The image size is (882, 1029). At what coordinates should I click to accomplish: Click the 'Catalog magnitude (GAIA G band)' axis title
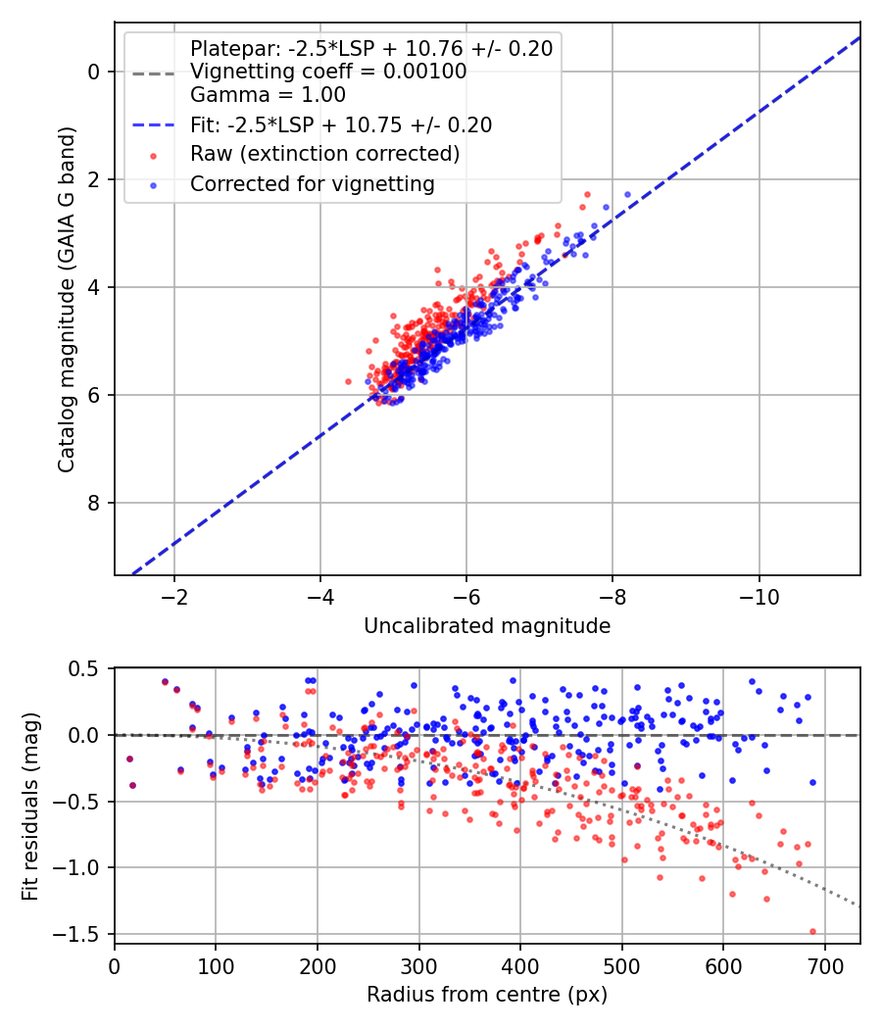point(67,300)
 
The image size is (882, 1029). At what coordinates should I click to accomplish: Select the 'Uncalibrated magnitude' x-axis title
point(487,626)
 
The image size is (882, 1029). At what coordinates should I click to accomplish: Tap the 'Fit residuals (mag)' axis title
point(30,806)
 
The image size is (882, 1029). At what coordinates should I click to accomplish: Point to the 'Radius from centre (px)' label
point(487,995)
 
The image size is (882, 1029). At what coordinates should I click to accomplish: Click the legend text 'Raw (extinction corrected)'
point(324,154)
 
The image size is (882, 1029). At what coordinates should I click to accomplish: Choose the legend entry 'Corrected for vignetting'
point(313,184)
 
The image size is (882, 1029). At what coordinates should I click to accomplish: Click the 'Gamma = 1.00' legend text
point(268,94)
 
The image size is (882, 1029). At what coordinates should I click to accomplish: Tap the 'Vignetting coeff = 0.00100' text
point(328,71)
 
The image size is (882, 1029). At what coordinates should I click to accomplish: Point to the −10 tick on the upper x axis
point(759,597)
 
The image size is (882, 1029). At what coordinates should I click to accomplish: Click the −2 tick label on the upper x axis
point(173,597)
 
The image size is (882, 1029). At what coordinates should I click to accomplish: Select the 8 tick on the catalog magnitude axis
point(94,503)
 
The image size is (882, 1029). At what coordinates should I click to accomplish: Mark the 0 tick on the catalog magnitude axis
point(94,71)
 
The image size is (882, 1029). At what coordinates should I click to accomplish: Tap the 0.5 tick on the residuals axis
point(85,668)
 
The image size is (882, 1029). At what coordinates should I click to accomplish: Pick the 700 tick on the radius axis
point(824,966)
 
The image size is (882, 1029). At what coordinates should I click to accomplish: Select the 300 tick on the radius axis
point(418,966)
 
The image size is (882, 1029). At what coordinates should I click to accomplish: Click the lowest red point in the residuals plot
point(812,931)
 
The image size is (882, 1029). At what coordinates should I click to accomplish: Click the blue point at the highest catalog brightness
point(627,194)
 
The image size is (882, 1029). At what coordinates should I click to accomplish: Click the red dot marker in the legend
point(154,156)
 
